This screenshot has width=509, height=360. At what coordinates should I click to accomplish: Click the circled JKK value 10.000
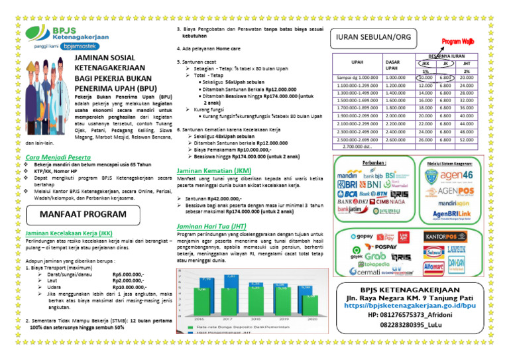click(x=425, y=78)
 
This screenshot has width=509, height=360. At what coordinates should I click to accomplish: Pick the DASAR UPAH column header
click(x=392, y=64)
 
